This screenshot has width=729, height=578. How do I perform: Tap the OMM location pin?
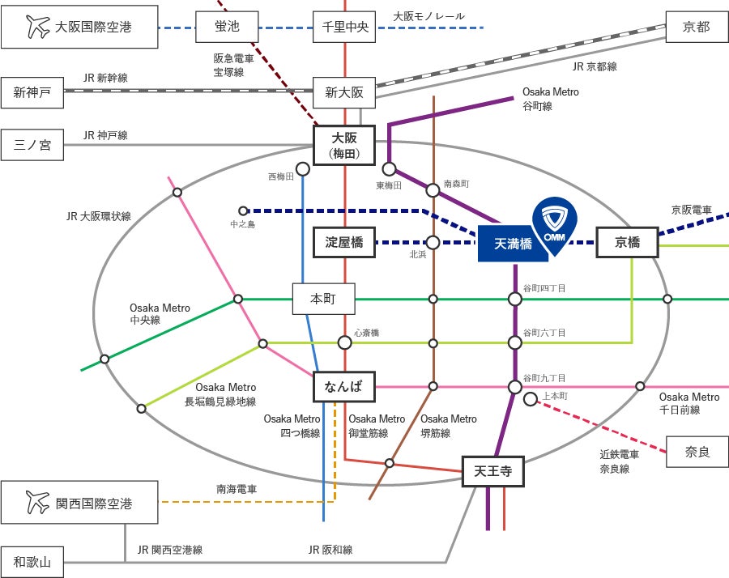pos(555,227)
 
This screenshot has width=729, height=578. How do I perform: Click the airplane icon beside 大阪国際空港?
pos(37,27)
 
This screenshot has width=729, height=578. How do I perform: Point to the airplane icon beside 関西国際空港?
pos(37,502)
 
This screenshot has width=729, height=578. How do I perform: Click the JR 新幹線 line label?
pos(105,78)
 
